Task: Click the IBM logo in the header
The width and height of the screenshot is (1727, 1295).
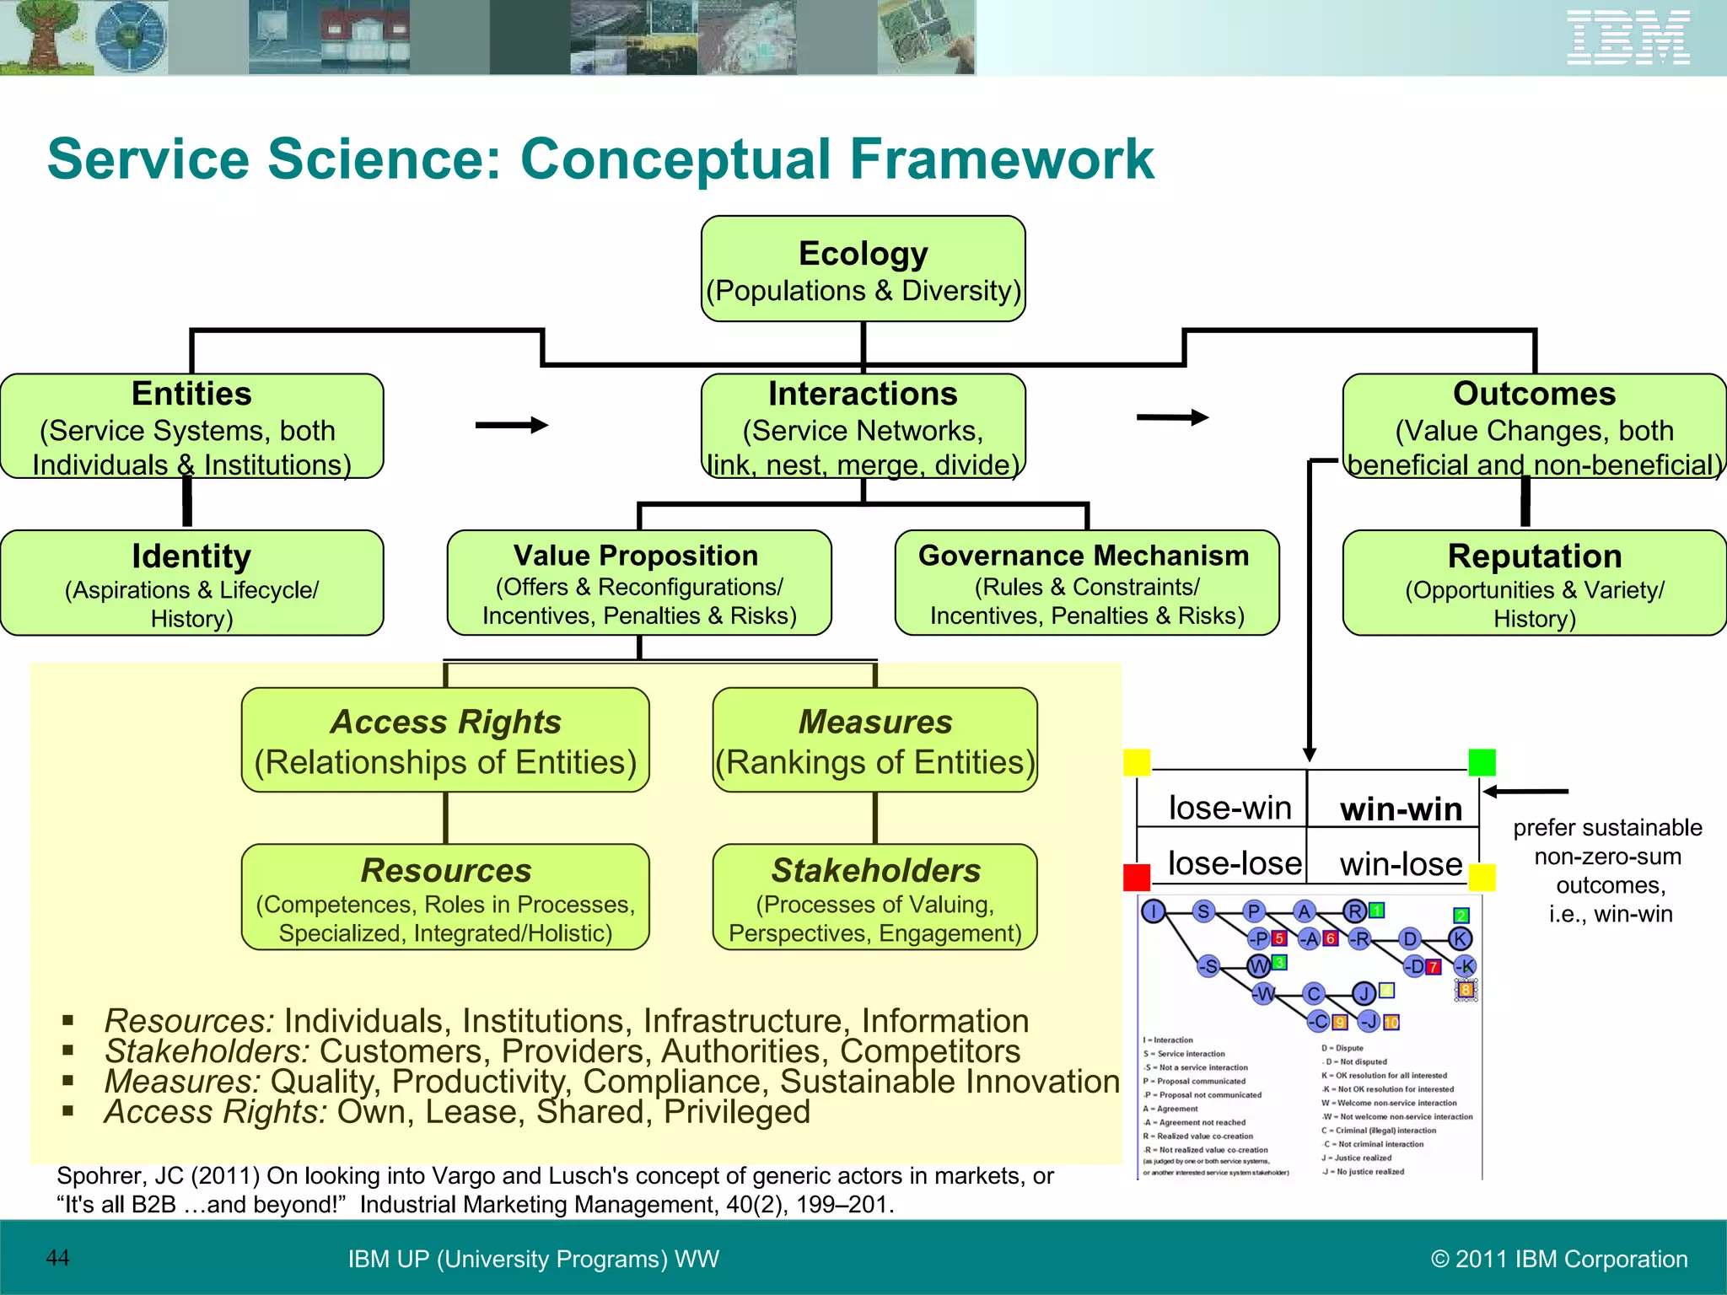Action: [x=1627, y=38]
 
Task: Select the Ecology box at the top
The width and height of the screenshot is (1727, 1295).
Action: [x=863, y=269]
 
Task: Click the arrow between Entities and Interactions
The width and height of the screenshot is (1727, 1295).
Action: [x=512, y=425]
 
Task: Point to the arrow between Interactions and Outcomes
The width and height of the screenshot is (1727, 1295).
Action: [x=1172, y=417]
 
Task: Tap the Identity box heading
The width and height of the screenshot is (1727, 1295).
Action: [x=191, y=556]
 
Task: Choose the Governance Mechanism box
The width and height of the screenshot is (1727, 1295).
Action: [x=1086, y=583]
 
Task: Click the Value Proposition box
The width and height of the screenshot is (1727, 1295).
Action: [x=638, y=583]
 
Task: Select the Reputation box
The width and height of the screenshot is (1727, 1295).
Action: [x=1534, y=583]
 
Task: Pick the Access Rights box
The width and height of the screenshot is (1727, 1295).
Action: [x=445, y=740]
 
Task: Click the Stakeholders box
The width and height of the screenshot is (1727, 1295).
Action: [x=874, y=897]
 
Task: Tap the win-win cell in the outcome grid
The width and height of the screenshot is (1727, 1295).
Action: [x=1401, y=809]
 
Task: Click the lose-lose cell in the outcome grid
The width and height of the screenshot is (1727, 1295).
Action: [x=1234, y=863]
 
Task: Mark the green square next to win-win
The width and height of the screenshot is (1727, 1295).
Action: [x=1482, y=762]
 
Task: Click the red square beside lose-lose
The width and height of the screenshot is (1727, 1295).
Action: [x=1137, y=877]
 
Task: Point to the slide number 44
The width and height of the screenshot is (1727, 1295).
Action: [x=58, y=1258]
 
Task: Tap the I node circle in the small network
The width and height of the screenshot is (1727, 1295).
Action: [x=1153, y=911]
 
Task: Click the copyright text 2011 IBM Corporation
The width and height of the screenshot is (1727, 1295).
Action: [x=1559, y=1259]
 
